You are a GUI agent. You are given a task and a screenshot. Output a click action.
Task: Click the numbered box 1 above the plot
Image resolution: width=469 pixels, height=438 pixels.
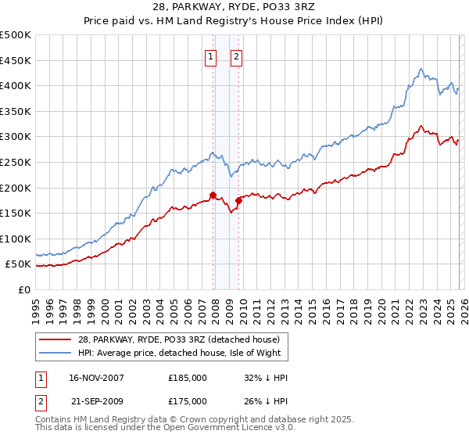click(x=211, y=56)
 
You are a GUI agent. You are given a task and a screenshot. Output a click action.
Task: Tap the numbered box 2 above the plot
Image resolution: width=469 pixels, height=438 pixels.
click(x=236, y=56)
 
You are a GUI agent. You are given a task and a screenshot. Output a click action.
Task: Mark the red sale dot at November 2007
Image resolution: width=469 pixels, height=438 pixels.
click(x=213, y=195)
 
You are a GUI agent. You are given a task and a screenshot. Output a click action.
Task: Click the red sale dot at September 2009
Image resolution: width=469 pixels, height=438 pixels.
click(x=238, y=200)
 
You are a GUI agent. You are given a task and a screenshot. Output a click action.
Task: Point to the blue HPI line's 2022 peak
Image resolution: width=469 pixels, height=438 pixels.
click(x=421, y=69)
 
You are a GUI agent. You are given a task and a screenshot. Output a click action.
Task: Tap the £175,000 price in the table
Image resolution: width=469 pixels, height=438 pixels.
click(x=188, y=400)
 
